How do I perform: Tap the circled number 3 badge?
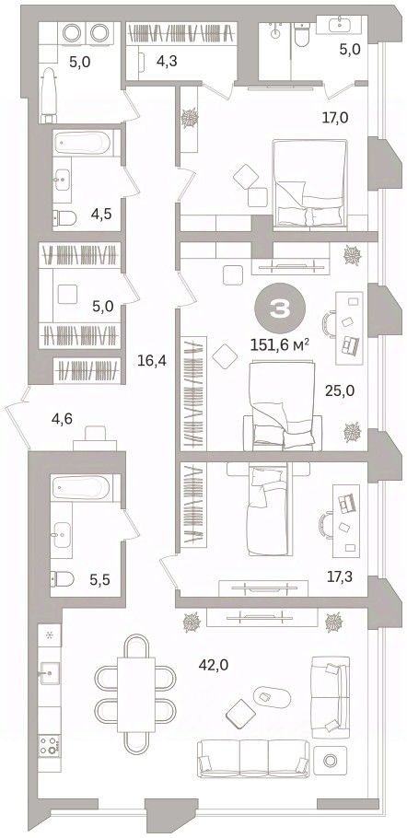[281, 309]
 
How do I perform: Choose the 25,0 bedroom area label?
[340, 390]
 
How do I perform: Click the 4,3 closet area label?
[167, 61]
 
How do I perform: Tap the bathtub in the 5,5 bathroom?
[81, 487]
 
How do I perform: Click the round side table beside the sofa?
[330, 760]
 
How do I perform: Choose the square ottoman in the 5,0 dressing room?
[67, 294]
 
